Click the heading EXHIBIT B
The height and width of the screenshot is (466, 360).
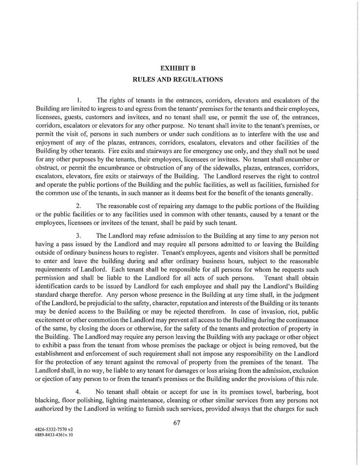(180, 66)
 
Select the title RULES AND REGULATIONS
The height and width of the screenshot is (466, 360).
(180, 78)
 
